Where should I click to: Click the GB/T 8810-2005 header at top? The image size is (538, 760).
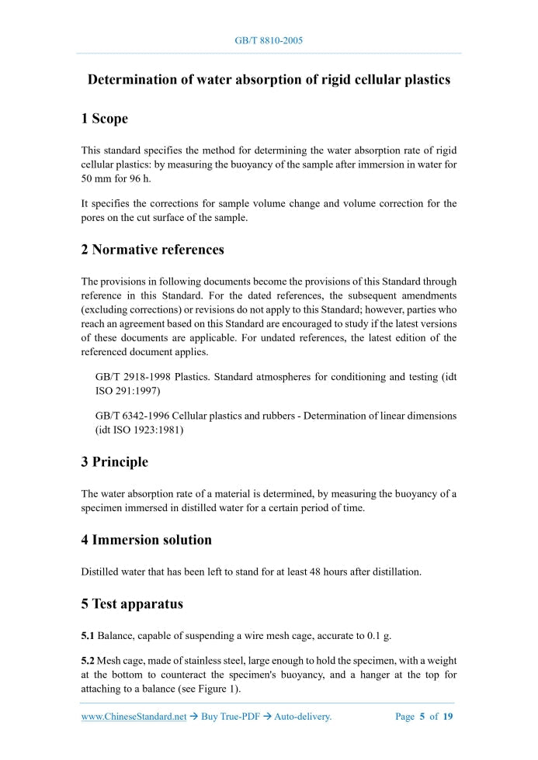pos(269,40)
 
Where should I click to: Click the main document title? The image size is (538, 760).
pos(269,80)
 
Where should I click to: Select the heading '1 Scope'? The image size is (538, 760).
pos(104,119)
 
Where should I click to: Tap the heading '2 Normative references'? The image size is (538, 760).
pos(152,250)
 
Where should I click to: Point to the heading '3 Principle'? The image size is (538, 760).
pos(114,462)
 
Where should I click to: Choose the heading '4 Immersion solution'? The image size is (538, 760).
pos(146,540)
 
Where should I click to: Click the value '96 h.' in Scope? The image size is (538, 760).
pos(137,178)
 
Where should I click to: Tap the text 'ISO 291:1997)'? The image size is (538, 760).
pos(127,392)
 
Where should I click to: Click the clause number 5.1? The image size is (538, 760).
pos(88,636)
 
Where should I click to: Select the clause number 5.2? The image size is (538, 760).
pos(88,661)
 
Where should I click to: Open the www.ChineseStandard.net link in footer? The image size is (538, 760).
pos(134,717)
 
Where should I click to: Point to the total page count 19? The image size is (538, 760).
pos(448,717)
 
